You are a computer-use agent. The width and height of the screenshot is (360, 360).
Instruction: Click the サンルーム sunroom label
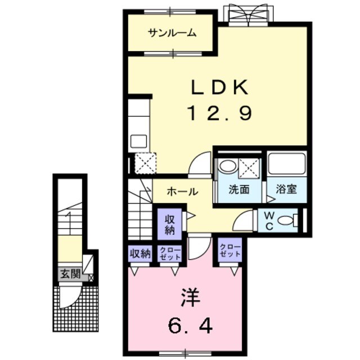coord(172,33)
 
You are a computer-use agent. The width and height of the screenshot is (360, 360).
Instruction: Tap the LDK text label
coord(219,88)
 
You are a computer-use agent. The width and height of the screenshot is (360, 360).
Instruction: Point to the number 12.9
coord(219,114)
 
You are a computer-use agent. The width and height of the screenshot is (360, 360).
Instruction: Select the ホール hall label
coord(182,192)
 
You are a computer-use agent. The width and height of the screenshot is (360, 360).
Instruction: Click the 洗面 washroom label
coord(238,190)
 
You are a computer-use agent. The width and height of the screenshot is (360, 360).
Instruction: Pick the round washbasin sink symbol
coord(227,166)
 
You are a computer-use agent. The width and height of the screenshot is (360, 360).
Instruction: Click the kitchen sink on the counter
coord(139,141)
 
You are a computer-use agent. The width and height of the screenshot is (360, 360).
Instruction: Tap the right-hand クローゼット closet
coord(231,251)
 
